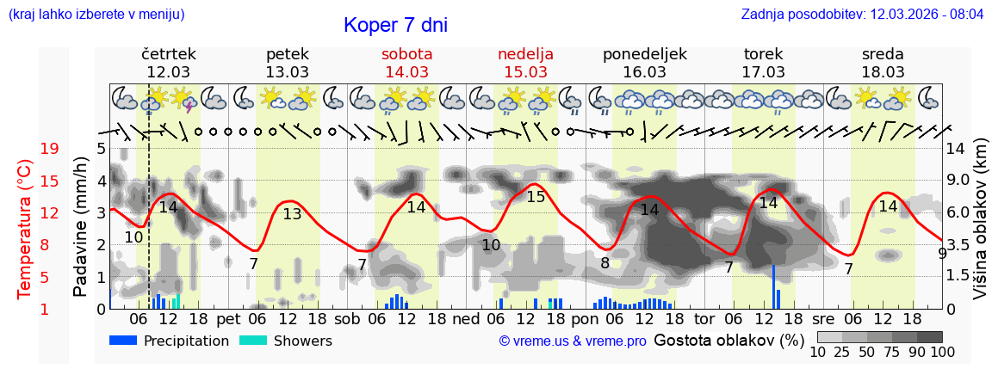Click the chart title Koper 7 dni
pos(395,25)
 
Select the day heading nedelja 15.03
pos(525,63)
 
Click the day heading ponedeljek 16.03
pos(644,63)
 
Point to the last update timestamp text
pos(862,15)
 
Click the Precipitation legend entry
pos(169,341)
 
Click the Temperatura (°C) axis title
pos(25,229)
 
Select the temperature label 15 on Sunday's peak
pos(536,197)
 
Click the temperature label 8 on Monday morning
pos(604,262)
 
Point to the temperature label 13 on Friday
pos(293,214)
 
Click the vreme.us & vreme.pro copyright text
pos(572,341)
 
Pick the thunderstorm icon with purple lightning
pos(184,101)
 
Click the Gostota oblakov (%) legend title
pos(728,340)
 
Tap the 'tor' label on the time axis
pos(704,317)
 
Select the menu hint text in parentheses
pos(96,15)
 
